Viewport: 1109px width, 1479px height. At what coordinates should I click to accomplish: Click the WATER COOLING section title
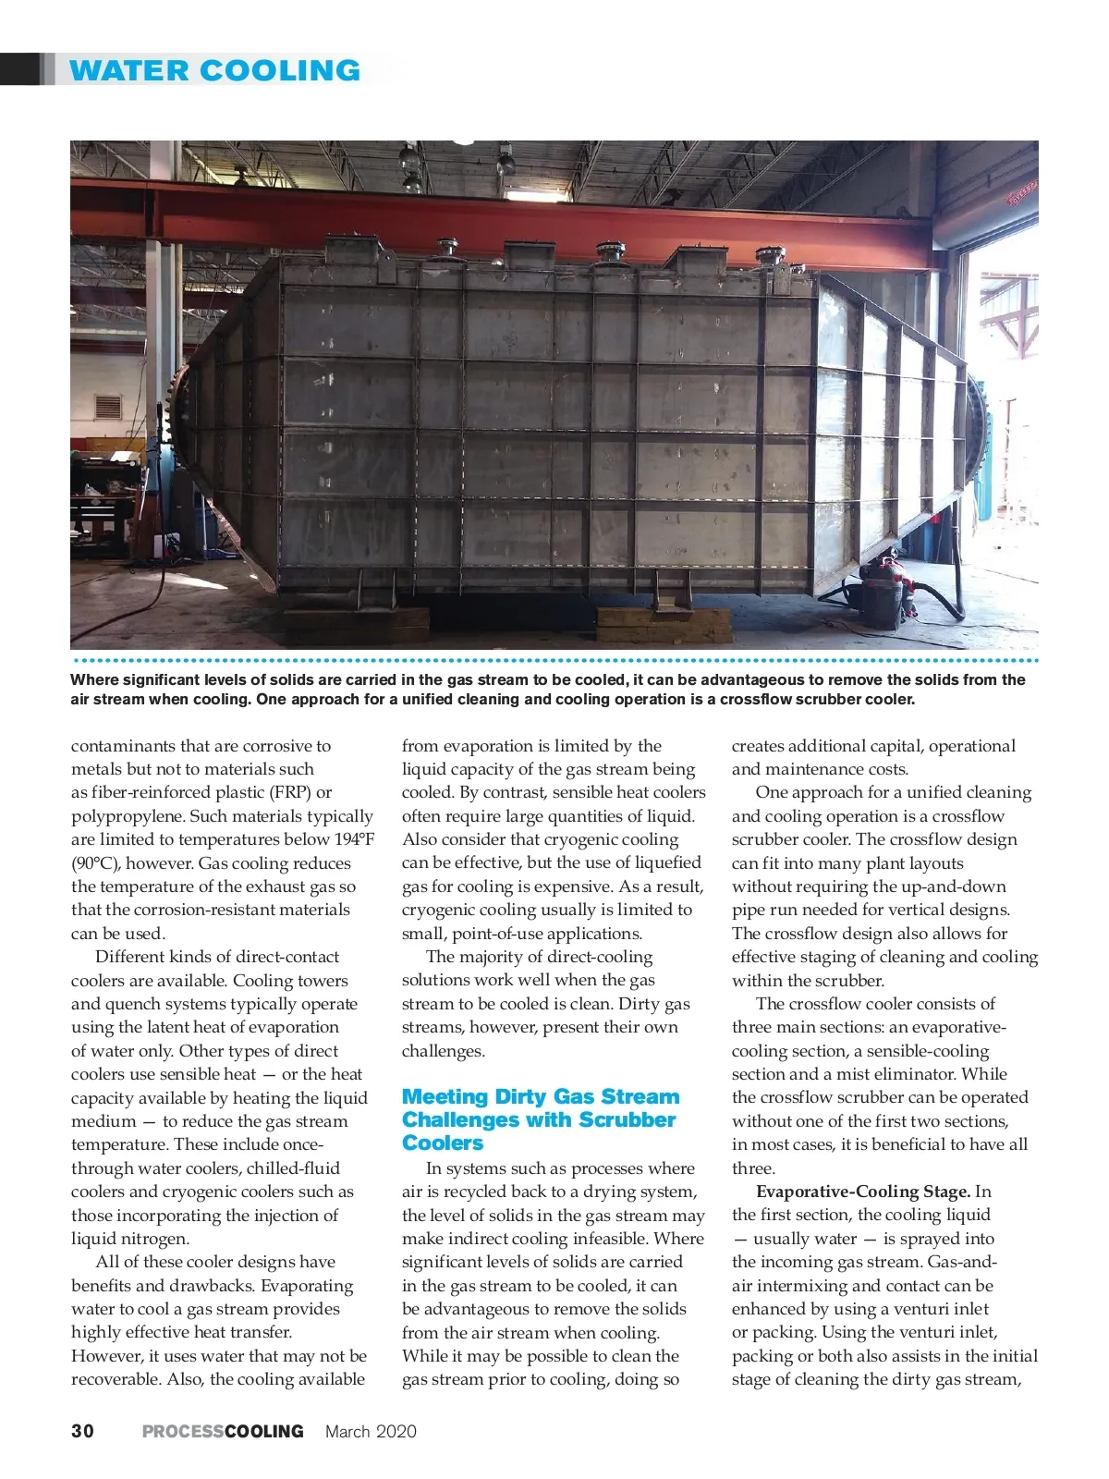point(214,70)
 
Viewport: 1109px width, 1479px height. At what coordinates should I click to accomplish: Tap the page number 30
point(82,1431)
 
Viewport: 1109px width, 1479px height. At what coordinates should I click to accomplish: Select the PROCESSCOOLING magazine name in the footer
point(223,1431)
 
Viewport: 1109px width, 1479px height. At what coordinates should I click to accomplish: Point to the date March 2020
point(371,1431)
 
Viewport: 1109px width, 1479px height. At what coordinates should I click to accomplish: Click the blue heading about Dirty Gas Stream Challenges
point(541,1119)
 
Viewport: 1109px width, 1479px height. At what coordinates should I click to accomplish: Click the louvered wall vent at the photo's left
point(106,407)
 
